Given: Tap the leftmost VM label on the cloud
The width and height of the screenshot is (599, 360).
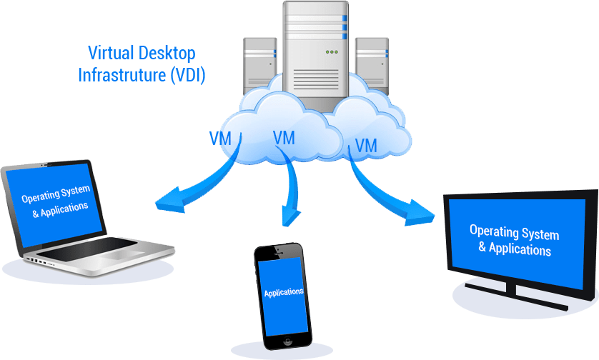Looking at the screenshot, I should pyautogui.click(x=220, y=138).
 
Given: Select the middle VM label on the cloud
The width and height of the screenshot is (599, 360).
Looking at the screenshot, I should pyautogui.click(x=284, y=138).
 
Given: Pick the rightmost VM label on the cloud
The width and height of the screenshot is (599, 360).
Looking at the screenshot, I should pyautogui.click(x=365, y=146).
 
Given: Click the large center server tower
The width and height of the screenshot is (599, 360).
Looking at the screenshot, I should pyautogui.click(x=315, y=50).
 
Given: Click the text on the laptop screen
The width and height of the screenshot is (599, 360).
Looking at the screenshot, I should pyautogui.click(x=55, y=201).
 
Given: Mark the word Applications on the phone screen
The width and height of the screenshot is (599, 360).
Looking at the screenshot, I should pyautogui.click(x=284, y=293).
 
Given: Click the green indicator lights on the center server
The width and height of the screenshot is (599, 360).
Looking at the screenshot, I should pyautogui.click(x=331, y=51).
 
